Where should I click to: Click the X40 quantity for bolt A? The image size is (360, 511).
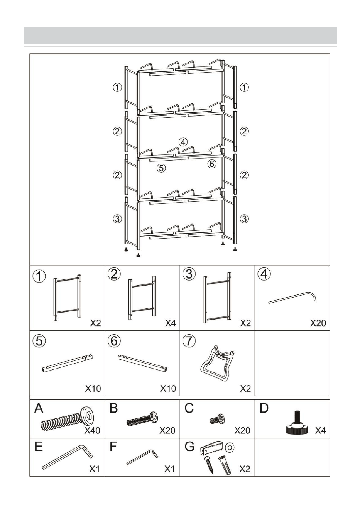coord(92,430)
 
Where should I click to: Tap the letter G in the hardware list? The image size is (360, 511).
coord(189,447)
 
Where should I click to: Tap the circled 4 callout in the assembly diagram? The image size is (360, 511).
coord(183,142)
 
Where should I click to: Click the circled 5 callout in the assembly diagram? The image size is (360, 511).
coord(161,168)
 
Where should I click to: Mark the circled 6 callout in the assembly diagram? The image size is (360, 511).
coord(212,164)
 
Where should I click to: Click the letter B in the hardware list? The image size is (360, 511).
coord(114,408)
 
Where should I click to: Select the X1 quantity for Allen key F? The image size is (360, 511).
coord(169,469)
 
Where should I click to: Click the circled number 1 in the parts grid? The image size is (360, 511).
coord(39,276)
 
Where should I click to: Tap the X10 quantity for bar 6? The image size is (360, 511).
coord(168,388)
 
